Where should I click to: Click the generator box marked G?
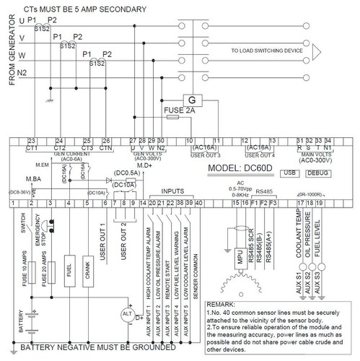[x=193, y=99]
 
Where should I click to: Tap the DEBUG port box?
[x=317, y=174]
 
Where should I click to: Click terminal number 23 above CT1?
[x=32, y=140]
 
